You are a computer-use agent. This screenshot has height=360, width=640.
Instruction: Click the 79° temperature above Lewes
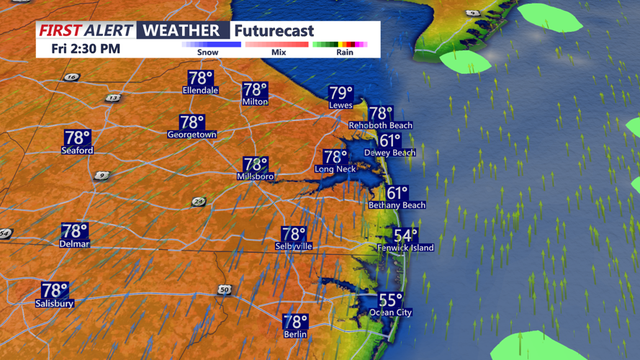click(x=341, y=93)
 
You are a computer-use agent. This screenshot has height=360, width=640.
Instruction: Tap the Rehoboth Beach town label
click(x=380, y=125)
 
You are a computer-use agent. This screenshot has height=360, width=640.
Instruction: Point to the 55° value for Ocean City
click(x=390, y=300)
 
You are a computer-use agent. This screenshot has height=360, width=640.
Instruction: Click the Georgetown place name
click(x=191, y=135)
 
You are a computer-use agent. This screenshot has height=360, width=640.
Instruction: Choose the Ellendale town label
click(x=200, y=91)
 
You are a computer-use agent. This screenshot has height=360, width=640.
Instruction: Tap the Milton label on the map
click(x=255, y=102)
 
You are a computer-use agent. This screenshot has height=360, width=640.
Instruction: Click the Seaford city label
click(x=77, y=150)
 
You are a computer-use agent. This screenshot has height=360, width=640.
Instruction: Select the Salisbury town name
click(x=55, y=304)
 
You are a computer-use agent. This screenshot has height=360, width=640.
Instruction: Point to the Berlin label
click(x=295, y=334)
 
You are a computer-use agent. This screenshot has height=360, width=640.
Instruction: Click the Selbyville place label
click(x=294, y=246)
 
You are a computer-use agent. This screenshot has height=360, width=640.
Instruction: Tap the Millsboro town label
click(x=255, y=176)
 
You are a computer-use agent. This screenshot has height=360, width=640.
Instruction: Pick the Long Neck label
click(x=335, y=169)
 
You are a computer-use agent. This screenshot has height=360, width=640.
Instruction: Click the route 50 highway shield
click(x=225, y=289)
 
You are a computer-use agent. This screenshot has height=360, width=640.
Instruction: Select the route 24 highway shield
click(x=199, y=202)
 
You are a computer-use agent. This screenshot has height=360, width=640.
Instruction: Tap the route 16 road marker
click(x=71, y=77)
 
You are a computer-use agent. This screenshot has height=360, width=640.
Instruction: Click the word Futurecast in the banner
click(x=274, y=30)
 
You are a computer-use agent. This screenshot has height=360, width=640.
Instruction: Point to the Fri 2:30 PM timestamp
click(x=86, y=49)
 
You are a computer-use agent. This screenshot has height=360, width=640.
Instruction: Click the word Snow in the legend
click(x=208, y=53)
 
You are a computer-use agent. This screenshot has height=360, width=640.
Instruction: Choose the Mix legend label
click(x=279, y=53)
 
